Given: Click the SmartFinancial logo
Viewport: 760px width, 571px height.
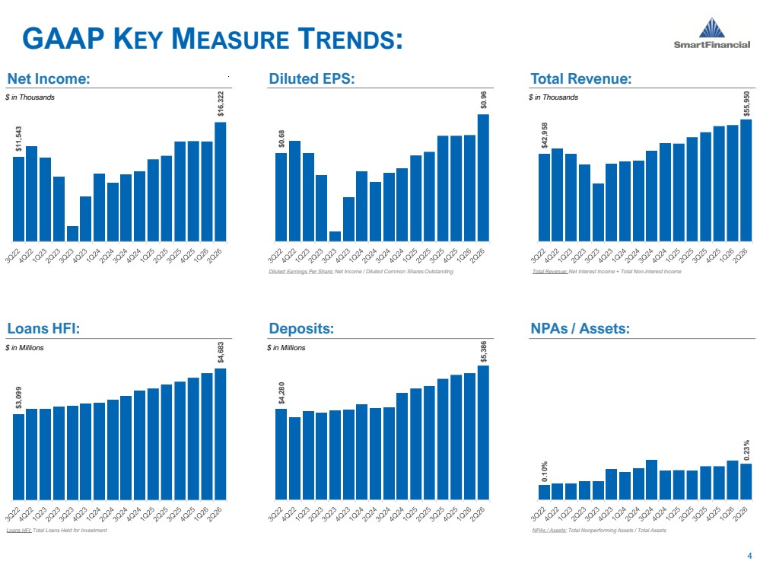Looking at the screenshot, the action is [711, 33].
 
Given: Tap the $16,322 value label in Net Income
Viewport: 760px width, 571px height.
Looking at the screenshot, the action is [221, 104].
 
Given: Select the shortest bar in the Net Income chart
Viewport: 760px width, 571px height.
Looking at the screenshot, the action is [72, 234].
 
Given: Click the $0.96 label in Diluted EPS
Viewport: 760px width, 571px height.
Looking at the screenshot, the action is [483, 100].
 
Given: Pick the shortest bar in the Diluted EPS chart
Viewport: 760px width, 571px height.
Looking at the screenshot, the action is [335, 236].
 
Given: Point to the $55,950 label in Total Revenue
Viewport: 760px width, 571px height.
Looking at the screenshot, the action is [746, 104].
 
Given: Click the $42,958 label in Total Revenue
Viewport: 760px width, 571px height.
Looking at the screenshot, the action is [544, 136].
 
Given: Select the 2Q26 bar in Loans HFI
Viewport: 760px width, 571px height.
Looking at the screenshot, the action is [221, 434].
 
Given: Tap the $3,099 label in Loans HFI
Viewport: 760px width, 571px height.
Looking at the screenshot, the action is [18, 397].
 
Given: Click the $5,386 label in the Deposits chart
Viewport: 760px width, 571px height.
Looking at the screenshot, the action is [483, 352].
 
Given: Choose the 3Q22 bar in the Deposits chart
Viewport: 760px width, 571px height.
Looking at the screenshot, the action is [281, 454].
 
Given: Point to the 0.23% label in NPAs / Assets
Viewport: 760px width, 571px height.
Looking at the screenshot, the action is [746, 450].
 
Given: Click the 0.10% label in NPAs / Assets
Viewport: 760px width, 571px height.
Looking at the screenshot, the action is [544, 471].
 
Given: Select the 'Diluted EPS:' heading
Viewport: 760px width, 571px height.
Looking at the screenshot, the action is [312, 78].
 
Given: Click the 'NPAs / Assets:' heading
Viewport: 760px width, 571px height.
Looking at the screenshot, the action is [580, 328].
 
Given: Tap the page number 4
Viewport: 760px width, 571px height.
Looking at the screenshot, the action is [750, 556].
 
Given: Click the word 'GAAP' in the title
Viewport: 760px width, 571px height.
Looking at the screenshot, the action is [63, 39].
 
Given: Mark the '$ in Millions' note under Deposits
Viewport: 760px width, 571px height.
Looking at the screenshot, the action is [286, 348].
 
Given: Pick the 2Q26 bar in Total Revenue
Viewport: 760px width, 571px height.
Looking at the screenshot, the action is [746, 180].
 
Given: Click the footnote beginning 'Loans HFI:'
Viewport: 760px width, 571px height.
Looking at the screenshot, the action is [57, 530].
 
